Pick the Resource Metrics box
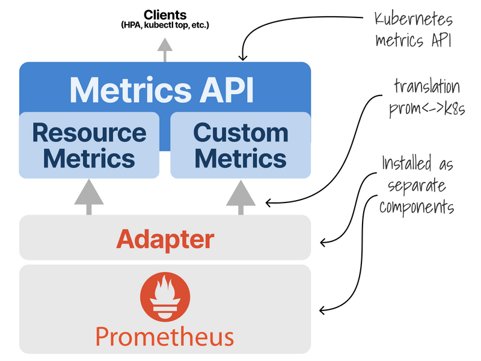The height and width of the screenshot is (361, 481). tap(89, 145)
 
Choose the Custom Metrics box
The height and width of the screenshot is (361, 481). tap(240, 145)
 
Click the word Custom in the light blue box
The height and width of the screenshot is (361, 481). tap(241, 132)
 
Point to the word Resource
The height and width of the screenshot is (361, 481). tap(89, 132)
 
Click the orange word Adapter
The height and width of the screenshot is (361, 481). tap(165, 239)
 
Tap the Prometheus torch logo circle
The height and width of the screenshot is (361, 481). tap(165, 297)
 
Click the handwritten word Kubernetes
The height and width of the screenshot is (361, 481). tap(413, 19)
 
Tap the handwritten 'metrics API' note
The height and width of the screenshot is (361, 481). tap(414, 41)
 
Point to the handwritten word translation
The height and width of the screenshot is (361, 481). tap(427, 86)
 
